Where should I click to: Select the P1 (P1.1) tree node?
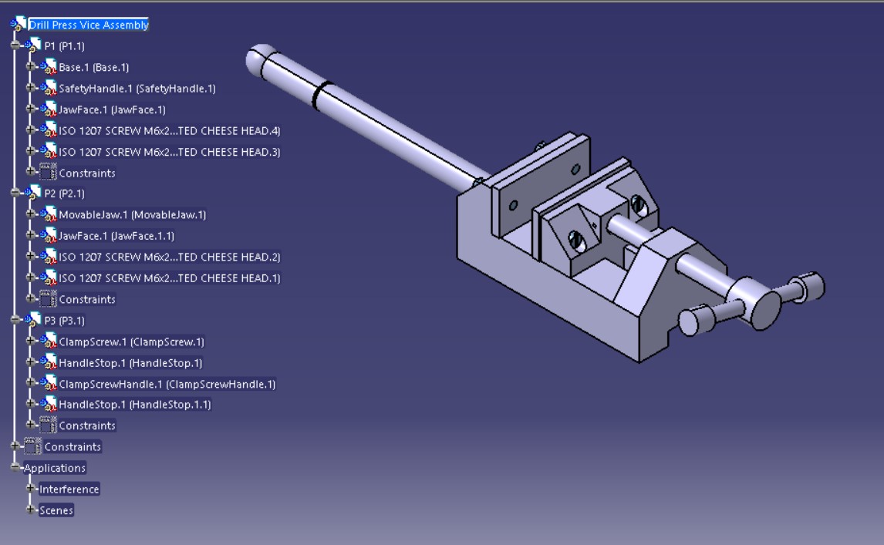(64, 46)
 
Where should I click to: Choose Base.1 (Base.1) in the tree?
(93, 68)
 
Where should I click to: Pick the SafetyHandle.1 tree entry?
(137, 89)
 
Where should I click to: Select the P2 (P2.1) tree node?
(64, 193)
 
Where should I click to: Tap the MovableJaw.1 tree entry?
(132, 215)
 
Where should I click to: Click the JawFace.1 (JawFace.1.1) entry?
(116, 236)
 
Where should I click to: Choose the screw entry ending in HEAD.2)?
(169, 257)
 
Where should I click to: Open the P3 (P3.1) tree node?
(64, 321)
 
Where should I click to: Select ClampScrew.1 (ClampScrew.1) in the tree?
(131, 342)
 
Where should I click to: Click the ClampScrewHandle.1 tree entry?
(167, 384)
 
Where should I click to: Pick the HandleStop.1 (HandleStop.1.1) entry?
(134, 405)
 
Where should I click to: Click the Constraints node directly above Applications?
(72, 447)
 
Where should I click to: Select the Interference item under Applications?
(69, 489)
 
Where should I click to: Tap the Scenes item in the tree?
(56, 510)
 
